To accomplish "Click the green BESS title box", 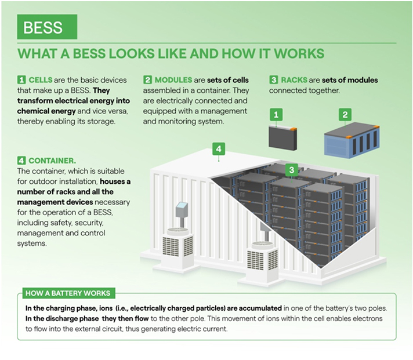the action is click(x=47, y=27).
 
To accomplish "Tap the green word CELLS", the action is click(x=41, y=80).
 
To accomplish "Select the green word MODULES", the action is click(x=173, y=80).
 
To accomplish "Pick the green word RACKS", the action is click(x=294, y=80).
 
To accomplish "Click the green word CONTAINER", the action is click(x=52, y=161).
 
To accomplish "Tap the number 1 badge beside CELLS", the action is click(x=21, y=80).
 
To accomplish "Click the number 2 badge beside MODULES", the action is click(x=147, y=80).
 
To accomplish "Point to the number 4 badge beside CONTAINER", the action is click(x=21, y=161).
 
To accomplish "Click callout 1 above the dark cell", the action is click(x=276, y=115).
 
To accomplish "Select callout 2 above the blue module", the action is click(x=345, y=115).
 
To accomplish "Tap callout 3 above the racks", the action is click(x=292, y=170).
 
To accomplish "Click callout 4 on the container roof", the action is click(x=219, y=149).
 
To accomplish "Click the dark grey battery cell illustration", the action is click(x=283, y=138).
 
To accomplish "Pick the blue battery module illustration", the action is click(x=352, y=140).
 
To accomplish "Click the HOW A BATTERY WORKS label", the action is click(x=68, y=293).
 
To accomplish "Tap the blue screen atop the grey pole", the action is click(x=182, y=206).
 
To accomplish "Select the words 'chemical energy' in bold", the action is click(x=46, y=111).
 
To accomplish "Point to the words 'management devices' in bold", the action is click(x=55, y=202).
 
